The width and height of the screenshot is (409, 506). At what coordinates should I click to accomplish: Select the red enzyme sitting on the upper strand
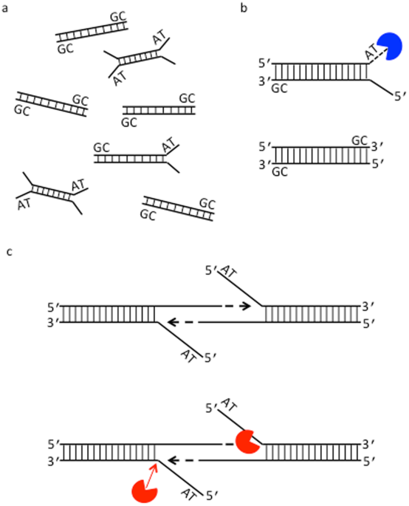coord(249,442)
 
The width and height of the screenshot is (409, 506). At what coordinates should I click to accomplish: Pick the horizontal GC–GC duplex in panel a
coord(159,110)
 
